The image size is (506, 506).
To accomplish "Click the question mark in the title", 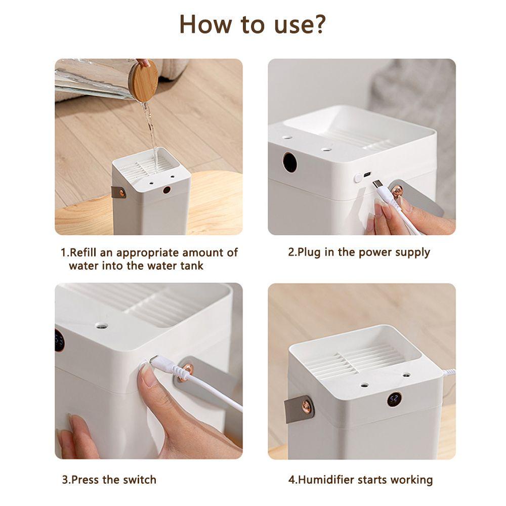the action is [x=316, y=24].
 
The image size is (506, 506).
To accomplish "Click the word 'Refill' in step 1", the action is [x=83, y=252].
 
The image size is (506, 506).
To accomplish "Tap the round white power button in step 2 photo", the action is [x=358, y=178].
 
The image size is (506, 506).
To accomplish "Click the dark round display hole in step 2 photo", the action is [x=289, y=162].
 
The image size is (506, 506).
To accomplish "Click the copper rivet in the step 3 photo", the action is [x=188, y=370].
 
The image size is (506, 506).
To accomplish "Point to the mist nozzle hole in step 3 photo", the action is [x=102, y=325].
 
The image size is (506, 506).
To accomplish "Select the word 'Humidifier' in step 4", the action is [x=326, y=480].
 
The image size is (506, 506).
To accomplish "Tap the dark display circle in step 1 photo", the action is [x=166, y=190].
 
